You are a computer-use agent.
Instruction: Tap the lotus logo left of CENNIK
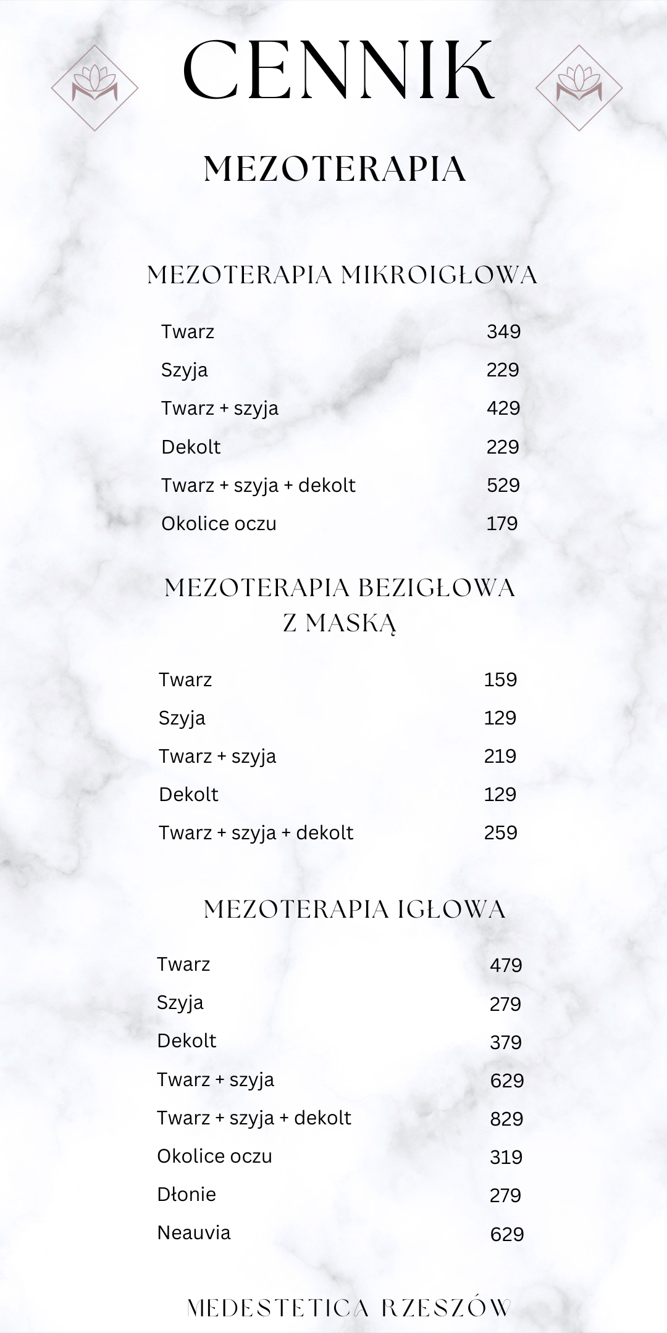94,87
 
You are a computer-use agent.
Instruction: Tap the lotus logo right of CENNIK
579,87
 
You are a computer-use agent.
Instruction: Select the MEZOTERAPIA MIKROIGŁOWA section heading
342,275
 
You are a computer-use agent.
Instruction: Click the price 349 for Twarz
503,332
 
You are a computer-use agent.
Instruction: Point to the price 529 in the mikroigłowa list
503,485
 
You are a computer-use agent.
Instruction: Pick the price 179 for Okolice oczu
502,523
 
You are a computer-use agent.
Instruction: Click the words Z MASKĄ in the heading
340,623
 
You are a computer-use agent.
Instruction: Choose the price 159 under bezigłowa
500,679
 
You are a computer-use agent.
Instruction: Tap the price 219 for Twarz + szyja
500,756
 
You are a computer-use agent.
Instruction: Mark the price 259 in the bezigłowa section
500,833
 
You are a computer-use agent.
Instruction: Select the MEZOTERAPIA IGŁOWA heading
354,909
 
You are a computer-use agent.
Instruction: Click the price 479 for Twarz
506,965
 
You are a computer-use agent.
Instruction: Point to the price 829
506,1118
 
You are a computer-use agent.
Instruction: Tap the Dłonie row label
187,1194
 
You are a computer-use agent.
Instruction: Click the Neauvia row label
194,1232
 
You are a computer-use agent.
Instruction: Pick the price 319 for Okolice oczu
506,1157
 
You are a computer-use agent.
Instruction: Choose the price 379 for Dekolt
506,1042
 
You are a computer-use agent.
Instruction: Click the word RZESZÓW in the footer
446,1308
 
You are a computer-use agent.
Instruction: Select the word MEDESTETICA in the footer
277,1308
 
